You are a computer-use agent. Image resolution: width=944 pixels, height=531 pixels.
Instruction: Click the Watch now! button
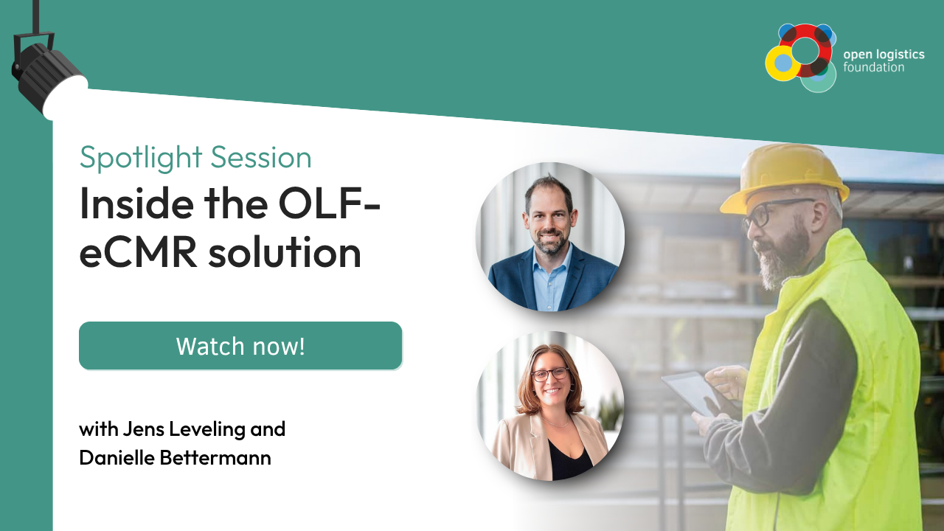pyautogui.click(x=240, y=346)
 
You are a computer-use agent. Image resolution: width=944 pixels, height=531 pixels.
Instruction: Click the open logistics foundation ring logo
pyautogui.click(x=801, y=58)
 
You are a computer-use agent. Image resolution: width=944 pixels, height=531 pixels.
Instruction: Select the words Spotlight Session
pyautogui.click(x=195, y=158)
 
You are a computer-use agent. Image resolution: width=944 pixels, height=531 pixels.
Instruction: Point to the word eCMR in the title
pyautogui.click(x=138, y=253)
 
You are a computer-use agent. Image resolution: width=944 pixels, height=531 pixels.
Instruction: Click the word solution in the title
pyautogui.click(x=285, y=252)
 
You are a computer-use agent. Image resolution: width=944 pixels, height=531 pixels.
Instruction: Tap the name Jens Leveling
pyautogui.click(x=184, y=429)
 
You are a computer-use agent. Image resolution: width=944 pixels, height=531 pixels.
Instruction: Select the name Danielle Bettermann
pyautogui.click(x=175, y=458)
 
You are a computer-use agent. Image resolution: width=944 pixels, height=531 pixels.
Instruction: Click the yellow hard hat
pyautogui.click(x=784, y=177)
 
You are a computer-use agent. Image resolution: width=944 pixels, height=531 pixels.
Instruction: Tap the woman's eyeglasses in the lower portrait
pyautogui.click(x=550, y=374)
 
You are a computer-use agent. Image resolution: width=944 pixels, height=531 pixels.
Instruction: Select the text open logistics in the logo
pyautogui.click(x=884, y=55)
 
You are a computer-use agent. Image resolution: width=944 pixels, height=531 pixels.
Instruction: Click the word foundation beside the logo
pyautogui.click(x=874, y=67)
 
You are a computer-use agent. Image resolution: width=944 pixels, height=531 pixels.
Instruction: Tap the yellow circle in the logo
pyautogui.click(x=782, y=63)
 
